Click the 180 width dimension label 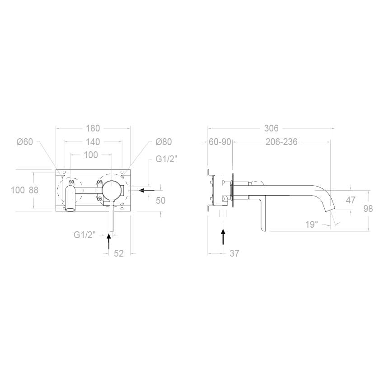pyautogui.click(x=93, y=128)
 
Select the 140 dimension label pyautogui.click(x=93, y=141)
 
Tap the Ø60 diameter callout pyautogui.click(x=25, y=141)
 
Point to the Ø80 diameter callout pyautogui.click(x=164, y=141)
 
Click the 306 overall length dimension pyautogui.click(x=272, y=128)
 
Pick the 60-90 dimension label pyautogui.click(x=220, y=141)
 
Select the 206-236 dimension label pyautogui.click(x=281, y=141)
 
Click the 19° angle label pyautogui.click(x=312, y=224)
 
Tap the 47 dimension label pyautogui.click(x=351, y=200)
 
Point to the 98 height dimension pyautogui.click(x=368, y=209)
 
